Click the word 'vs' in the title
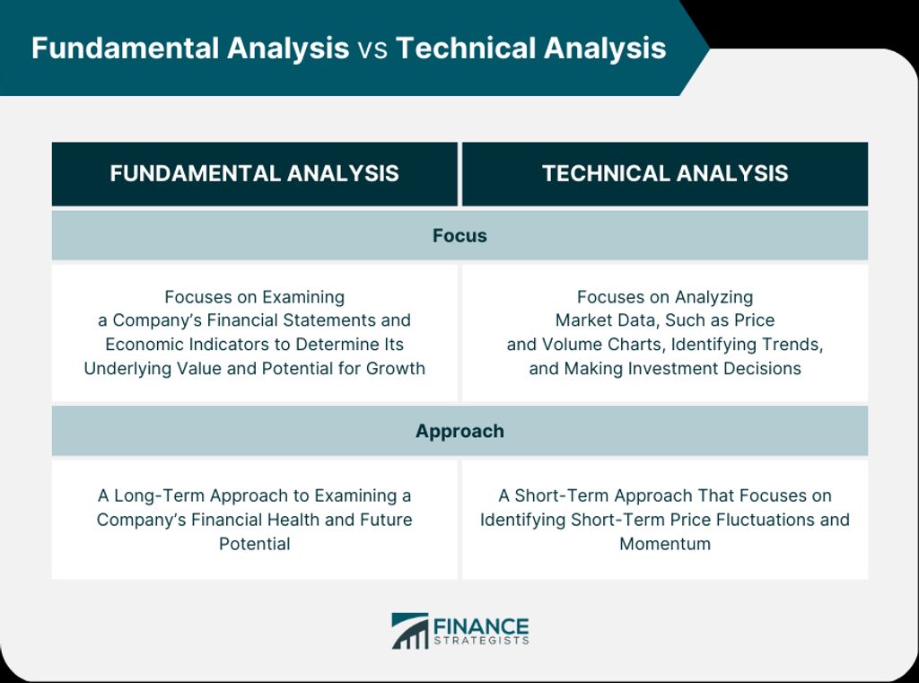pyautogui.click(x=372, y=49)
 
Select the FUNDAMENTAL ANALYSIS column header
pyautogui.click(x=254, y=173)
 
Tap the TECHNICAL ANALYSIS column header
pyautogui.click(x=665, y=173)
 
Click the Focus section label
pyautogui.click(x=459, y=236)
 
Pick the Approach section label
pyautogui.click(x=459, y=432)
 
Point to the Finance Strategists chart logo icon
pyautogui.click(x=409, y=631)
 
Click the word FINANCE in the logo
pyautogui.click(x=481, y=626)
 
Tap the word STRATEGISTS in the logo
pyautogui.click(x=481, y=641)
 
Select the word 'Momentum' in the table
pyautogui.click(x=665, y=544)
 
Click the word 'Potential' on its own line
pyautogui.click(x=254, y=544)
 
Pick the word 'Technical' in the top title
pyautogui.click(x=466, y=48)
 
